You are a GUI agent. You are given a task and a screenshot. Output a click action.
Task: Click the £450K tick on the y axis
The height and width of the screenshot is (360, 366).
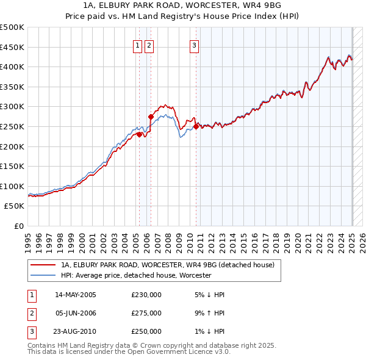pyautogui.click(x=13, y=47)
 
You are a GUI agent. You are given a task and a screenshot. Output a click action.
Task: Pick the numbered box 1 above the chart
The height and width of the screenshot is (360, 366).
pyautogui.click(x=138, y=44)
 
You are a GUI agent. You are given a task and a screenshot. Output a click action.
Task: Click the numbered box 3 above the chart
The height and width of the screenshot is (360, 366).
pyautogui.click(x=194, y=44)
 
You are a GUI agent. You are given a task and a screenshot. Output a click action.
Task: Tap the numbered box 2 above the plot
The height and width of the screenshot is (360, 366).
pyautogui.click(x=149, y=44)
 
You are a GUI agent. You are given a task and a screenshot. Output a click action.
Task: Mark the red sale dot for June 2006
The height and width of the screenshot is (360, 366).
pyautogui.click(x=151, y=116)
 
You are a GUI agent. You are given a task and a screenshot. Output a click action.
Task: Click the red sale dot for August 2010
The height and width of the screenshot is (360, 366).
pyautogui.click(x=196, y=126)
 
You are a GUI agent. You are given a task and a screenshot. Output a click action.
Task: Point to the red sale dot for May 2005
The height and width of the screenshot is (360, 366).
pyautogui.click(x=139, y=134)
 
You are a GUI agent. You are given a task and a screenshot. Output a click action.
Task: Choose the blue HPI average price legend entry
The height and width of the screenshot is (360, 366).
pyautogui.click(x=135, y=275)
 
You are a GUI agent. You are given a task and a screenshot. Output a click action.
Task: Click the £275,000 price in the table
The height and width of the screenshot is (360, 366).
pyautogui.click(x=146, y=313)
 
